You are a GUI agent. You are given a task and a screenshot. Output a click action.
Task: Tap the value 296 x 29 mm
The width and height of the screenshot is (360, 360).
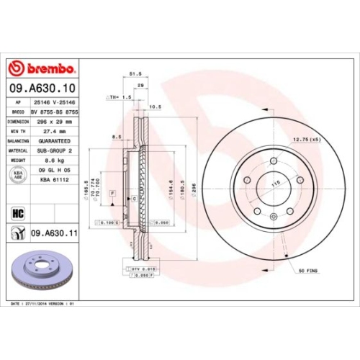coord(52,122)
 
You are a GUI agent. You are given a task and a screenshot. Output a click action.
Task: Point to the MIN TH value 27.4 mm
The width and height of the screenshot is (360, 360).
coord(52,132)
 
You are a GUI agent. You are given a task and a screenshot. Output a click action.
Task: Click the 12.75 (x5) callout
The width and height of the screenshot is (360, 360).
coord(306,138)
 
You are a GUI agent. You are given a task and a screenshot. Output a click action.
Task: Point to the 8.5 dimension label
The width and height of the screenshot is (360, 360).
coord(117,137)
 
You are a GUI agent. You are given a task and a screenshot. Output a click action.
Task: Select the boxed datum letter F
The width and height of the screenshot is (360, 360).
coord(113,194)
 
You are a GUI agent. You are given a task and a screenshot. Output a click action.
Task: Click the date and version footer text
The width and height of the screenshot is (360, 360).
coord(45,305)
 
